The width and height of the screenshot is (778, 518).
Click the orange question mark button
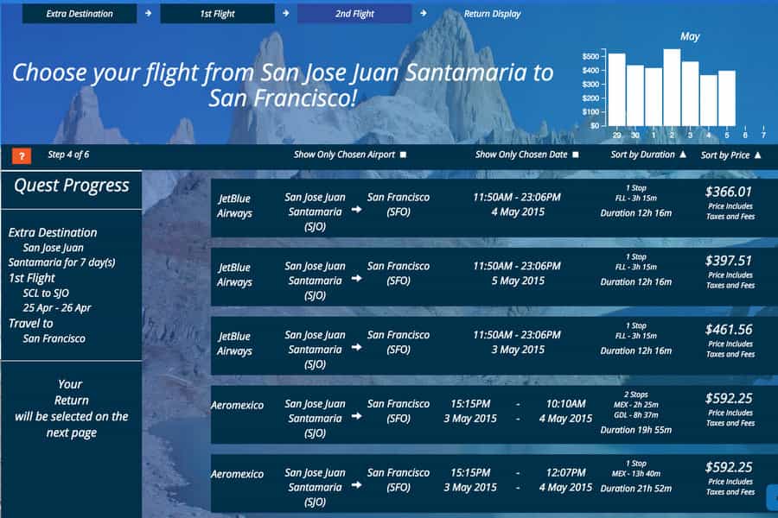click(22, 155)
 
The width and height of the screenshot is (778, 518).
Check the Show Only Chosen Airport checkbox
click(404, 155)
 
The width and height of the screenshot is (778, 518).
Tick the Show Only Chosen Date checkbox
click(576, 155)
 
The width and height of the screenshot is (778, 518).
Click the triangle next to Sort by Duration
click(683, 155)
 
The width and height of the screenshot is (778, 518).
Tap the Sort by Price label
click(725, 155)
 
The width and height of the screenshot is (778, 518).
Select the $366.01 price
click(729, 192)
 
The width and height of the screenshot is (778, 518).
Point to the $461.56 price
click(729, 330)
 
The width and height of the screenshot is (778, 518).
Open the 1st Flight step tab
click(217, 14)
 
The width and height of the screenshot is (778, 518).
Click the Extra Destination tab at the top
click(80, 14)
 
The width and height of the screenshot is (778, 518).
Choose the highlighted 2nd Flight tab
click(354, 14)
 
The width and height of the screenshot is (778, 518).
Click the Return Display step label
click(492, 14)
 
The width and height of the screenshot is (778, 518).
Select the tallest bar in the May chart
click(672, 87)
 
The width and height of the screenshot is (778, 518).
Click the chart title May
click(690, 36)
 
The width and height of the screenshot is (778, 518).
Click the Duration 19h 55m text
click(635, 430)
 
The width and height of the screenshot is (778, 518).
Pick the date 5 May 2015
click(518, 281)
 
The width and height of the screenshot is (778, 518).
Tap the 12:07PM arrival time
click(565, 472)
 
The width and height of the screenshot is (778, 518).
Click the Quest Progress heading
click(72, 186)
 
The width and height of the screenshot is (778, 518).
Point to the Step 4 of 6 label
click(68, 155)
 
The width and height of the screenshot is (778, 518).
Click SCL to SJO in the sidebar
click(46, 293)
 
